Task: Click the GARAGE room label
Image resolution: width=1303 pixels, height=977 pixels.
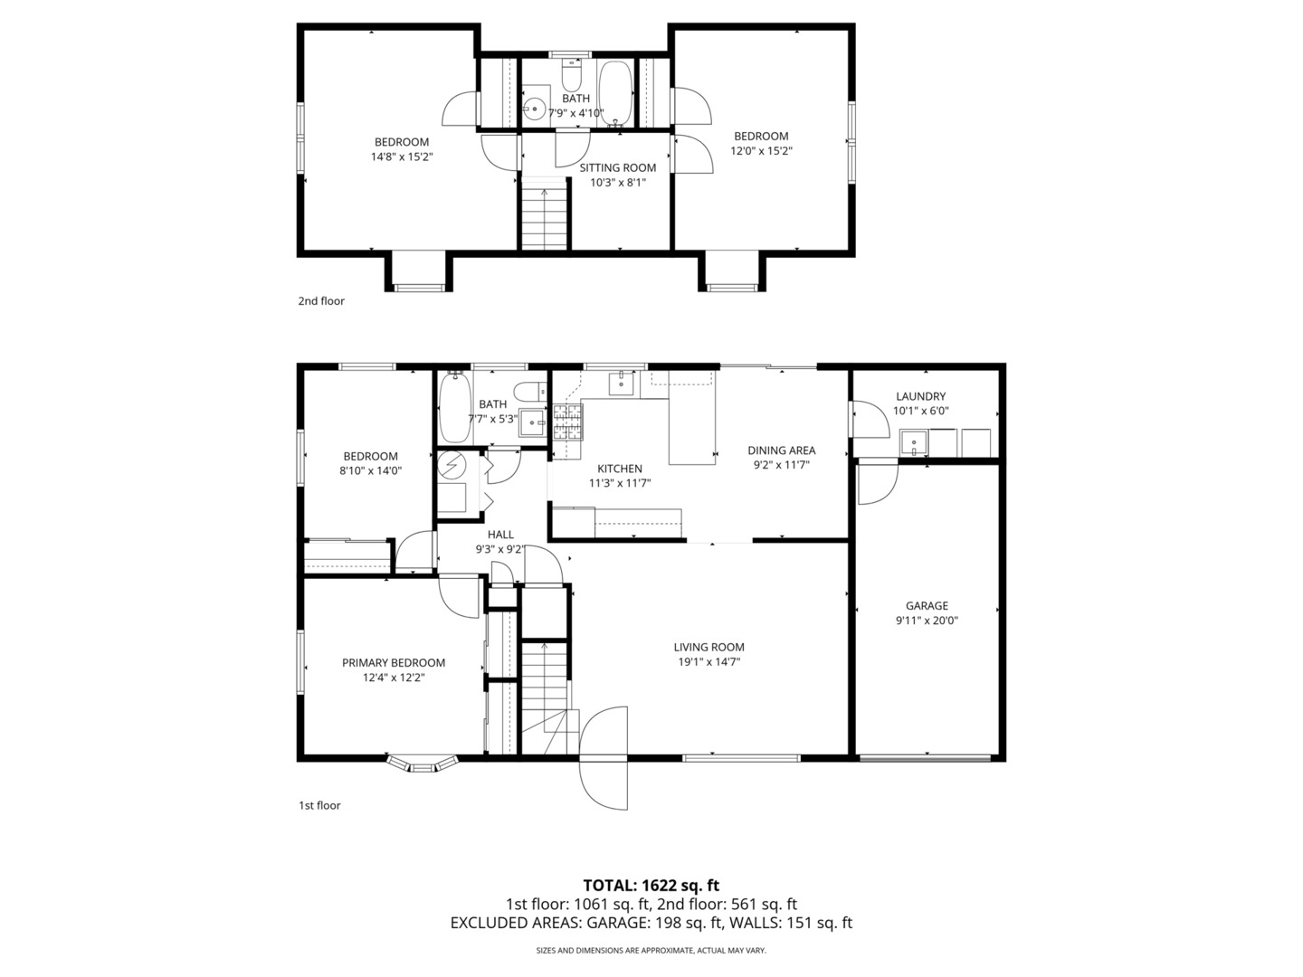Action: coord(926,606)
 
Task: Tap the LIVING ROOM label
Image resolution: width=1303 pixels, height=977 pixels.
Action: coord(709,647)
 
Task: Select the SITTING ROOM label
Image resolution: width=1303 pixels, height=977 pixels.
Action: coord(618,168)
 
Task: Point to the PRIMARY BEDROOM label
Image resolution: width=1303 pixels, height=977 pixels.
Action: coord(394,662)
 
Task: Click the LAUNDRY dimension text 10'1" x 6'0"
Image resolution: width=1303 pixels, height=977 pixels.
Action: coord(921,411)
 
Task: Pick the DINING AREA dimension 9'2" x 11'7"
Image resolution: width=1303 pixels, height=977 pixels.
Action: coord(781,465)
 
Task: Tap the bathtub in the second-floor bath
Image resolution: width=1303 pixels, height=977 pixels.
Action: coord(615,94)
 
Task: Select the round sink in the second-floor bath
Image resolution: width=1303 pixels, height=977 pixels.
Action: coord(535,109)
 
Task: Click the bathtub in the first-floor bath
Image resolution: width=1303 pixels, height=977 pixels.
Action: coord(455,407)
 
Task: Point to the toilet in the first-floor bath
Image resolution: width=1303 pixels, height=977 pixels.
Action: coord(530,392)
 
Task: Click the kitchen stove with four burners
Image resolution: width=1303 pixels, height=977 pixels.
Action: coord(568,422)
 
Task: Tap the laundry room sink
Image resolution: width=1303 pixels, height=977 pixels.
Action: coord(914,442)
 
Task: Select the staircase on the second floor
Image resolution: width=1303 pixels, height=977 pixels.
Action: coord(545,213)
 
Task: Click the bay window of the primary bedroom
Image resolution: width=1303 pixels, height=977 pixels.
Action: coord(422,763)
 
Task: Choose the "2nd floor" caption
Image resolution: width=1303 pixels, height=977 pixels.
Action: coord(321,300)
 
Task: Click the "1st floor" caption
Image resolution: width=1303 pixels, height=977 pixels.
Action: coord(319,805)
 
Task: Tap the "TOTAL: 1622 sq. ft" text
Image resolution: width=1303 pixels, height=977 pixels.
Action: coord(651,885)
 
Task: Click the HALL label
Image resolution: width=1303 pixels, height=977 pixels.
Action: coord(500,535)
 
